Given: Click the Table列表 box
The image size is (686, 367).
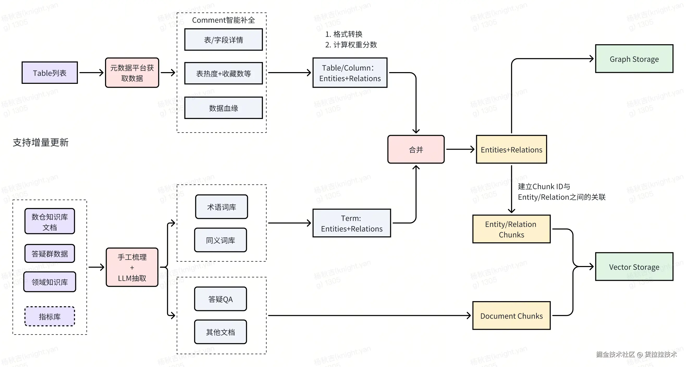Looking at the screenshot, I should [50, 73].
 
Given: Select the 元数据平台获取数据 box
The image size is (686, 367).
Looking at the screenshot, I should [132, 73].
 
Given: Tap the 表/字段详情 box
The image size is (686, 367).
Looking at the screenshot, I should [223, 40].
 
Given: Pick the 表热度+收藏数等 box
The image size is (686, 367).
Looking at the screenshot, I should [223, 73].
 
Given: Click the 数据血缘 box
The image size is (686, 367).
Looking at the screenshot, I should [223, 108].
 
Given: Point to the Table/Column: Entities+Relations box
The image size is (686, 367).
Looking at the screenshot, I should [350, 73].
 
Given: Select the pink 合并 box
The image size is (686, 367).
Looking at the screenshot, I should [416, 149].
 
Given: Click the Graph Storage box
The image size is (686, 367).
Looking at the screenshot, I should [634, 59].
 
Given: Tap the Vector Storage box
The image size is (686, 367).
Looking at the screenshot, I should [634, 267].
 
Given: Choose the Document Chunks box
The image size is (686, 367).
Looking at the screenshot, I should [511, 316].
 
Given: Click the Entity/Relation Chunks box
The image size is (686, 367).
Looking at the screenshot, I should [511, 229].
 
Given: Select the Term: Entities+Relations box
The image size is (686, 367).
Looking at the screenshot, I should [352, 223].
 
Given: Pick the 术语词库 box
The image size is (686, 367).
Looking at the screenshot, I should [222, 207].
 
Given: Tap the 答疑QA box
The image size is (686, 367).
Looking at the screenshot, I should [220, 299].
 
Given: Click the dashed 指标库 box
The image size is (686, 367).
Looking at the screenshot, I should [50, 317].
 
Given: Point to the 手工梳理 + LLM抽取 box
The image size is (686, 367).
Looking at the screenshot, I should [132, 267].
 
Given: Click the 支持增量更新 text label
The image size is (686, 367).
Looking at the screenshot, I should [41, 143].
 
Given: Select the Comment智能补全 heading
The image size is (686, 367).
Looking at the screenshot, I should [223, 20].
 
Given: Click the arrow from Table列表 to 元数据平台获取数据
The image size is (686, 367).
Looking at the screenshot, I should [91, 73].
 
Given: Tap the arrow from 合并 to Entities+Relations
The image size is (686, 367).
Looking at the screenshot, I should [460, 149].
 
